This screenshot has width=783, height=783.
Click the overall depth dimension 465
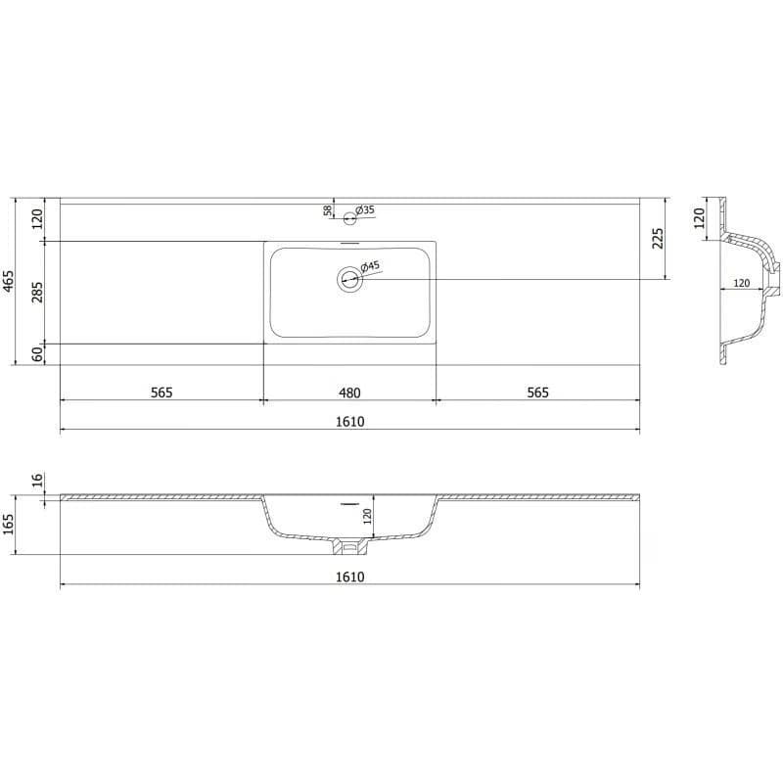click(9, 281)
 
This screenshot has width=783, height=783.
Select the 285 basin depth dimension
click(37, 293)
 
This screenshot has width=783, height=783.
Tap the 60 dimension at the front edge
click(37, 354)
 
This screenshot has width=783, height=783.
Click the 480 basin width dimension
click(349, 393)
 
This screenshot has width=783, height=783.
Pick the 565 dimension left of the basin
click(161, 392)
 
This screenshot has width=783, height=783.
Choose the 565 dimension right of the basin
click(537, 392)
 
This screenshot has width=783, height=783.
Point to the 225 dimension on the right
click(658, 238)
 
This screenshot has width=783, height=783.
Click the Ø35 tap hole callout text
click(365, 209)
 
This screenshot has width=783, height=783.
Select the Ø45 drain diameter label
click(370, 265)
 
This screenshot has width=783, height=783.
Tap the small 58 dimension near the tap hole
click(328, 210)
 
